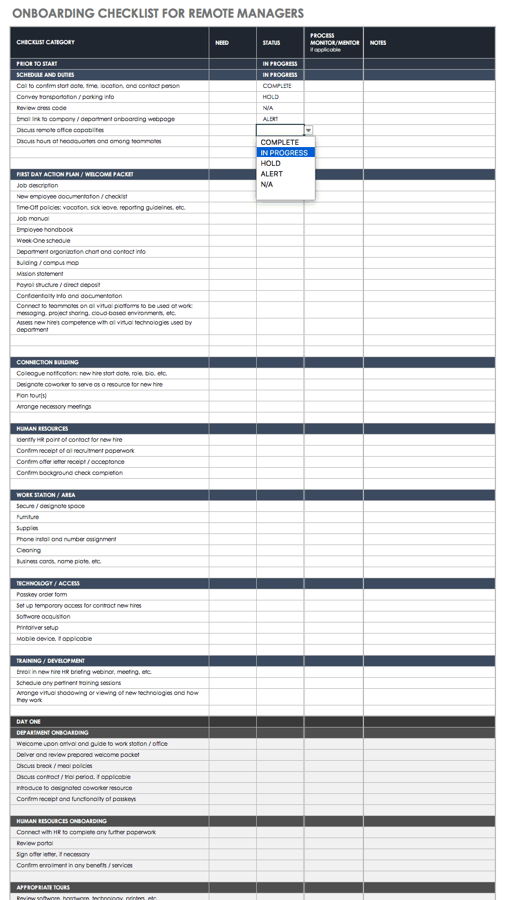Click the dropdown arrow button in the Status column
(309, 130)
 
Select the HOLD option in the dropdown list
(271, 163)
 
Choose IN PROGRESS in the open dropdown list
(284, 153)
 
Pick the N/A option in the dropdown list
(267, 184)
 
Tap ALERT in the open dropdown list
(272, 174)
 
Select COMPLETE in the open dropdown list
(279, 142)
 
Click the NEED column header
(222, 43)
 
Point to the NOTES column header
(378, 43)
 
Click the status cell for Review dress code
(268, 108)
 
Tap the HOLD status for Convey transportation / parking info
(271, 97)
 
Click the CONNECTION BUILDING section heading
(47, 363)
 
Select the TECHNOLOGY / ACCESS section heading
(48, 584)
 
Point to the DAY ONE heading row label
(29, 722)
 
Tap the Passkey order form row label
(41, 595)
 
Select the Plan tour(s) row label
(31, 396)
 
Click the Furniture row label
(28, 517)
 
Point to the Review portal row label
(35, 844)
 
